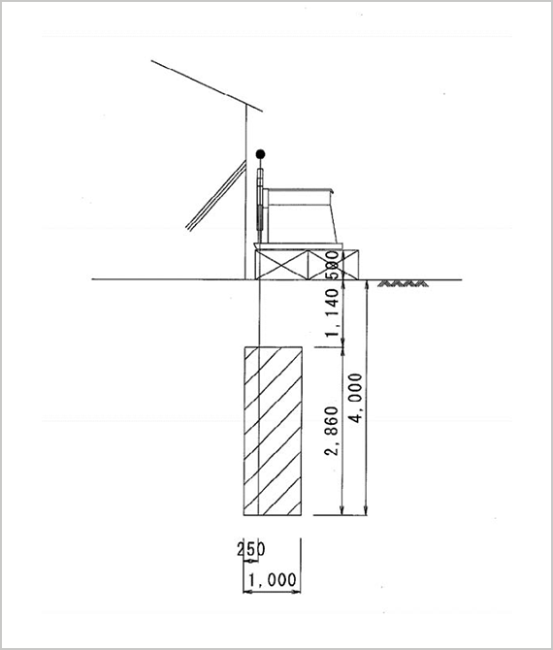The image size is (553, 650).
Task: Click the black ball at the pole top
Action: click(x=260, y=154)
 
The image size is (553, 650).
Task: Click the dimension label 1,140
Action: click(x=332, y=313)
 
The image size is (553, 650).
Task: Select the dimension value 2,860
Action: click(x=332, y=431)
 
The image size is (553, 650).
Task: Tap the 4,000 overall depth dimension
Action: click(x=356, y=398)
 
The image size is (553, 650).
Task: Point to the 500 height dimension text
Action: click(x=332, y=264)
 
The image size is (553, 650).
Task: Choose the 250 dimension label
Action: click(x=251, y=549)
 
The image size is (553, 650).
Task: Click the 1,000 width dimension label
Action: click(x=273, y=579)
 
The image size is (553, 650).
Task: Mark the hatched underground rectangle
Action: click(x=273, y=431)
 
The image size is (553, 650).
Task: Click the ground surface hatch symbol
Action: click(x=403, y=284)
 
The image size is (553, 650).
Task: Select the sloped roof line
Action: click(x=207, y=86)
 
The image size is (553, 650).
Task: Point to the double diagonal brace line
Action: click(x=216, y=195)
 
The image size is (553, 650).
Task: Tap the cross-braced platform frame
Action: click(x=307, y=265)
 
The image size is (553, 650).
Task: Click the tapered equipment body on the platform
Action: click(x=302, y=216)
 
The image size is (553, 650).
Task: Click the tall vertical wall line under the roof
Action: click(x=245, y=191)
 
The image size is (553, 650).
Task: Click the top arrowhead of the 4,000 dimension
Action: click(x=366, y=284)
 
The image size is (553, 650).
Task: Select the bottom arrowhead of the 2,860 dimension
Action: click(x=342, y=511)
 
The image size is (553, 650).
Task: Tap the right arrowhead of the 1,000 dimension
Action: click(x=297, y=592)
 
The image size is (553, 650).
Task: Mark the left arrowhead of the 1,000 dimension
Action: click(x=248, y=592)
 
